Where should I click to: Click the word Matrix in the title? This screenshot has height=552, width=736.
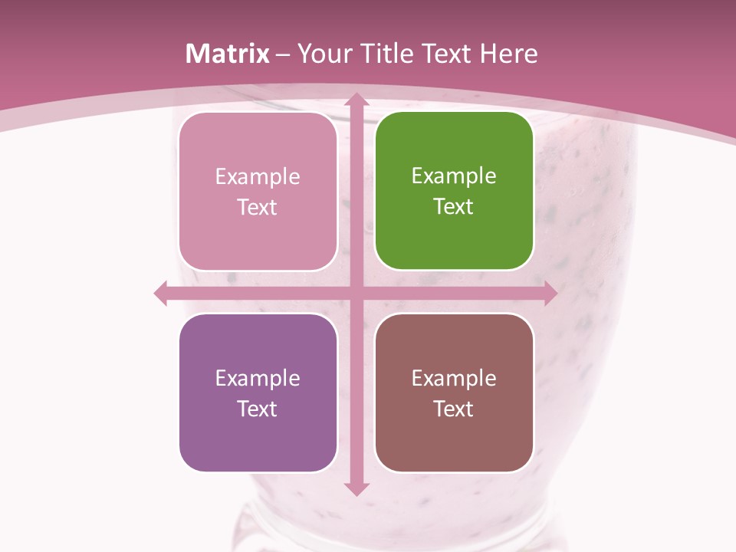pos(228,54)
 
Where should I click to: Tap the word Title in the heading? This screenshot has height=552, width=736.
pos(389,54)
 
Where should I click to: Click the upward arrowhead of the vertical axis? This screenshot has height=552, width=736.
pos(356,100)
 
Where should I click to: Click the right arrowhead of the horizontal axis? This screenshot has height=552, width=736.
pos(550,293)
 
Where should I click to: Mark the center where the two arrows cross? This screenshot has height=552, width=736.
pos(356,293)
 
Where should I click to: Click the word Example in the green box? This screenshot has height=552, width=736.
pos(454,176)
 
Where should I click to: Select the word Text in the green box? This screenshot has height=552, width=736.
pos(454,206)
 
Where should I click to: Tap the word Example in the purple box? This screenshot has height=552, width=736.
pos(258,378)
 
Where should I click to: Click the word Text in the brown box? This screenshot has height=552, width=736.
pos(454,409)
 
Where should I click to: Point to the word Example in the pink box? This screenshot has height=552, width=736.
pos(258,177)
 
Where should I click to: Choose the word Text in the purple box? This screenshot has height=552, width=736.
pos(258,409)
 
